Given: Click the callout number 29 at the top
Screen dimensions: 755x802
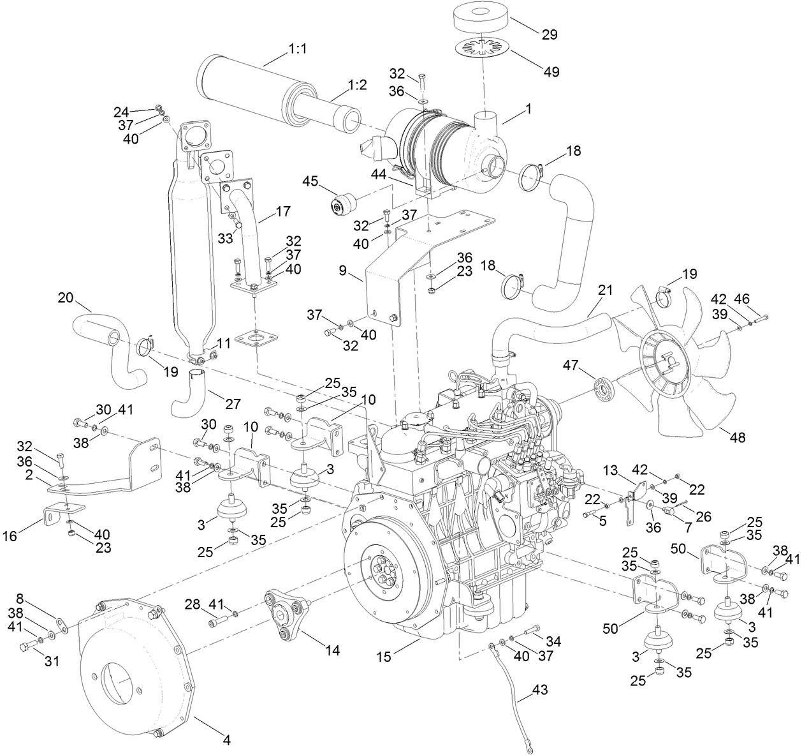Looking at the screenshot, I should (x=549, y=35).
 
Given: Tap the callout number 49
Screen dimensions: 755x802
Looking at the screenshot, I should (x=551, y=71).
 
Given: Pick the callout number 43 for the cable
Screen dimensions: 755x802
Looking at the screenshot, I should (x=539, y=690).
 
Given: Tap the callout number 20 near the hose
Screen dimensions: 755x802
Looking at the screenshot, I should (x=66, y=297).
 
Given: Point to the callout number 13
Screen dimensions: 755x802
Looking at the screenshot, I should (x=611, y=470).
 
